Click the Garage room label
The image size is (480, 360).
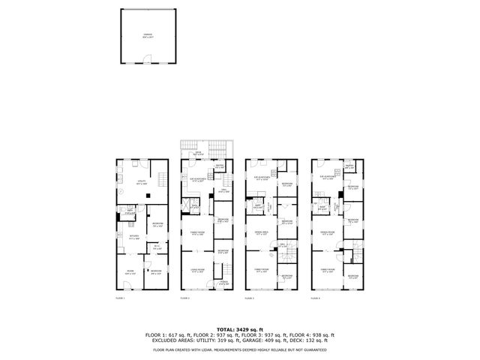point(147,34)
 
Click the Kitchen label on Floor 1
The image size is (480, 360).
point(134,236)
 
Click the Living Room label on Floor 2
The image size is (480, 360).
point(198,272)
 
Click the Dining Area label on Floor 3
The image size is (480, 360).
point(262,232)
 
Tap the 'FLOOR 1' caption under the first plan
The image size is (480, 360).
point(120,298)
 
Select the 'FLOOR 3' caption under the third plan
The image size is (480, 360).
point(250,298)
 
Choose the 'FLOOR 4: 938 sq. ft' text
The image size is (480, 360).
point(313,334)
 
